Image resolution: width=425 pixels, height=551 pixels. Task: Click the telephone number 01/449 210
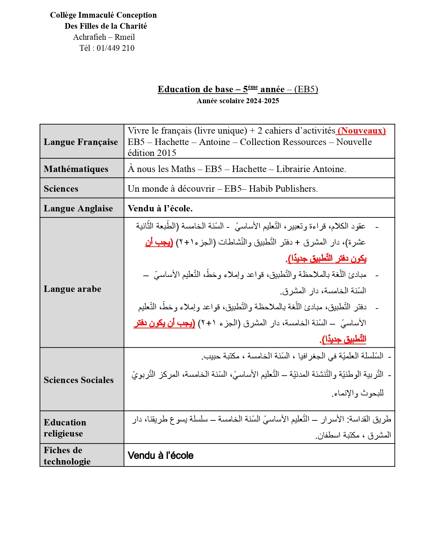tap(115, 48)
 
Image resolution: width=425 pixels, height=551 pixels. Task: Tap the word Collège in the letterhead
tap(63, 15)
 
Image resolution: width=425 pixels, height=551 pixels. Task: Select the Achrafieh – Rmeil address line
tap(104, 37)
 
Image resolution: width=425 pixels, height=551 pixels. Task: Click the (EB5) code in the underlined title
tap(306, 89)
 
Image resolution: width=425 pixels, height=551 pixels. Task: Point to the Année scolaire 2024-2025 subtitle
tap(238, 101)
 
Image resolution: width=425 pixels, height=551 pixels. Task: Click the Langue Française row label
tap(81, 142)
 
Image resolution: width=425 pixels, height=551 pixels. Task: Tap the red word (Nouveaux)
tap(362, 131)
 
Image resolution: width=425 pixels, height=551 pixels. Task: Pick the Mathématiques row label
tap(76, 169)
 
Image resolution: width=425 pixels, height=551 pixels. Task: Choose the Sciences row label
tap(61, 189)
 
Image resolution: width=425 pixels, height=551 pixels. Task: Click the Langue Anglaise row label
tap(78, 208)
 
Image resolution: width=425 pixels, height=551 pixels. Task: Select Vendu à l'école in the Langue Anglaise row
tap(160, 208)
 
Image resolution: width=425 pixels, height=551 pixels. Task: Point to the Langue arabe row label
tap(72, 289)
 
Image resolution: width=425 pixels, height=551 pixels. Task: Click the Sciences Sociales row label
tap(79, 380)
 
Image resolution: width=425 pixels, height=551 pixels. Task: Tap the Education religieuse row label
tap(65, 428)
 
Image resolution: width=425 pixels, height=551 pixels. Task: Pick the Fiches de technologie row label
tap(67, 455)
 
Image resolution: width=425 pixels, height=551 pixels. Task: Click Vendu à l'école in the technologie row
tap(160, 455)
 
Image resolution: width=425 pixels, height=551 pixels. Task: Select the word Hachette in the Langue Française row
tap(172, 142)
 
